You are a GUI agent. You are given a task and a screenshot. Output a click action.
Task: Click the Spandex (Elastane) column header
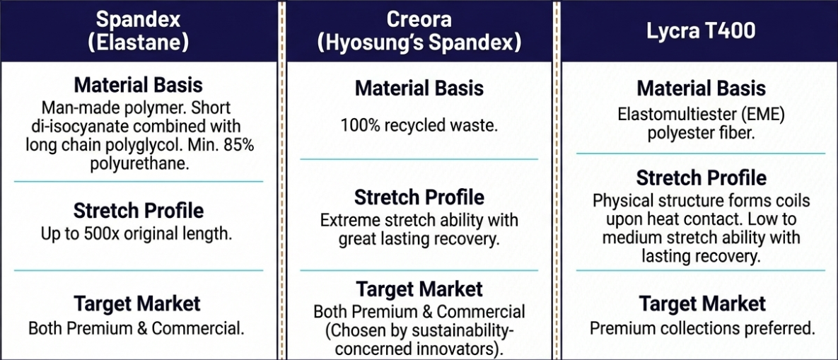point(139,31)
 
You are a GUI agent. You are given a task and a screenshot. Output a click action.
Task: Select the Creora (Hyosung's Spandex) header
point(419,31)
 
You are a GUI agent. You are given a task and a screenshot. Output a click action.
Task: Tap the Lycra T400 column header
point(701,31)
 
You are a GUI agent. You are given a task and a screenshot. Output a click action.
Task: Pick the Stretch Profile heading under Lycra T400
point(702,178)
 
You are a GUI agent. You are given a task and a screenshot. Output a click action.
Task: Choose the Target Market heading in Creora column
point(419,289)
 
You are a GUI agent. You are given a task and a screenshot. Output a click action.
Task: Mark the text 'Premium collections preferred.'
point(702,328)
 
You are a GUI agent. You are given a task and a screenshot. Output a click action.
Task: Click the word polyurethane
point(139,163)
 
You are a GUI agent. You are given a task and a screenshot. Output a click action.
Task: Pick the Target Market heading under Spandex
point(136,303)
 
